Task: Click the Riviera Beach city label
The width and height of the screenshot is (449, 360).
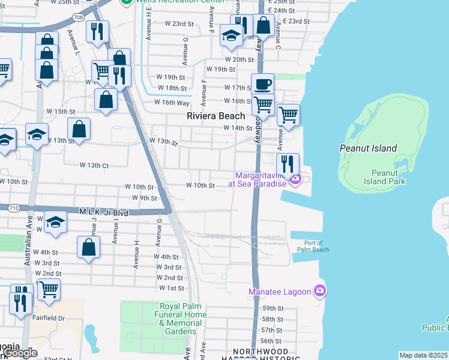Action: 216,116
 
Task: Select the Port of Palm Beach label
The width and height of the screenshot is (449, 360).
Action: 313,246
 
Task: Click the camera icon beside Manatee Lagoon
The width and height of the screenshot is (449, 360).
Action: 320,292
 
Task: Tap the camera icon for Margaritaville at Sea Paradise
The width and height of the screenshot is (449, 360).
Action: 295,179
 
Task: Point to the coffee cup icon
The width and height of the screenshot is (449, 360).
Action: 262,84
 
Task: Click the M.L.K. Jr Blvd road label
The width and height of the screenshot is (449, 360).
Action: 104,212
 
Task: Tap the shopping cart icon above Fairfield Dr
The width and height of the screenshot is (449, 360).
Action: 49,289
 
